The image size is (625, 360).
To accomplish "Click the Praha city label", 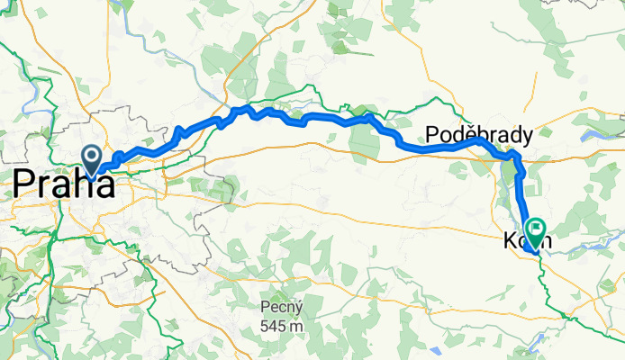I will pyautogui.click(x=63, y=185).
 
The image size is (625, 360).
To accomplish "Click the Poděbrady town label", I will pyautogui.click(x=478, y=134).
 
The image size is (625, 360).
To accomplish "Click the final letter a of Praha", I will pyautogui.click(x=105, y=186).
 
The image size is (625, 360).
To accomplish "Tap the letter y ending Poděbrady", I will pyautogui.click(x=526, y=137).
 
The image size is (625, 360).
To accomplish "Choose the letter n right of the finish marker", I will pyautogui.click(x=544, y=241).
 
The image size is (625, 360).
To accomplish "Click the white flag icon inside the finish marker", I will pyautogui.click(x=537, y=229).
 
